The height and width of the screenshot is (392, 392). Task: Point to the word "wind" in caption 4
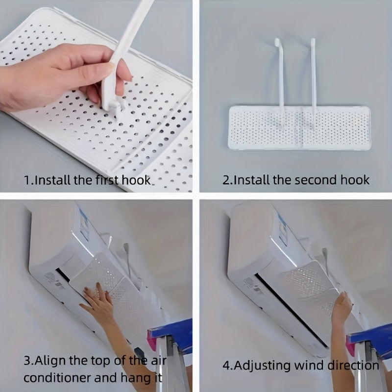[x=311, y=366]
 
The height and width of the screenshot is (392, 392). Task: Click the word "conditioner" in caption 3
[x=55, y=378]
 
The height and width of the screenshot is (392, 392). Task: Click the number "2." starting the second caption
[x=227, y=180]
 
